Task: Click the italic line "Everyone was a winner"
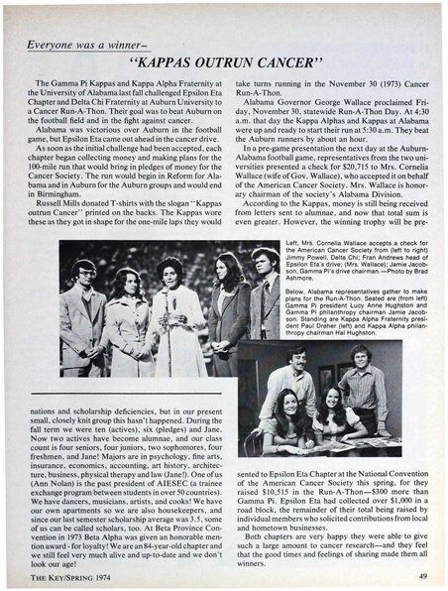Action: [x=92, y=40]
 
